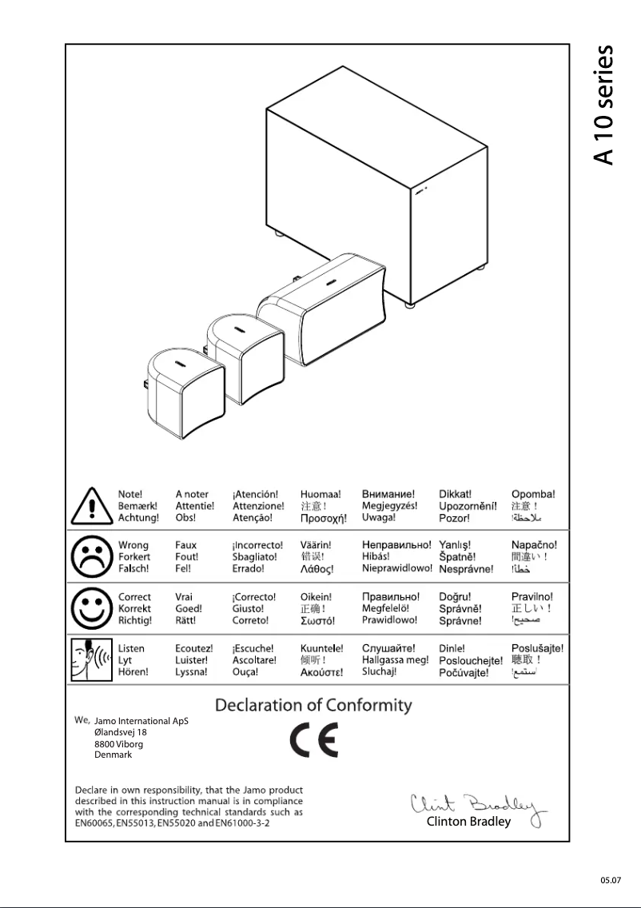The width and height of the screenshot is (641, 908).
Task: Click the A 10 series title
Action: [x=605, y=105]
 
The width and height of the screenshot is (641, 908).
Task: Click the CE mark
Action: [x=313, y=742]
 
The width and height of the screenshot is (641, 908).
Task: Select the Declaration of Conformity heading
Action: [x=313, y=706]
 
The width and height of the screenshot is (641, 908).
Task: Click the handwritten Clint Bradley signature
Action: [x=477, y=803]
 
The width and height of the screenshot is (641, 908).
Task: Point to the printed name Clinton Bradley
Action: [x=468, y=822]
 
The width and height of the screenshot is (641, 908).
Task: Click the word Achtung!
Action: [x=138, y=518]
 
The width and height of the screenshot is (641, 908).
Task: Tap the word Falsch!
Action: [x=133, y=569]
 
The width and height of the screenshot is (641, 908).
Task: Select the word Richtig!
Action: [x=135, y=620]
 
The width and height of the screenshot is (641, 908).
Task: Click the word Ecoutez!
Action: [x=194, y=648]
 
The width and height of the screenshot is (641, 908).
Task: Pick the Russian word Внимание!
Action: [x=388, y=495]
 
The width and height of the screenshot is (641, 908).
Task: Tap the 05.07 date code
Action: [x=611, y=880]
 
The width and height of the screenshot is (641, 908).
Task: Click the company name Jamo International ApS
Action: [x=141, y=721]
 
